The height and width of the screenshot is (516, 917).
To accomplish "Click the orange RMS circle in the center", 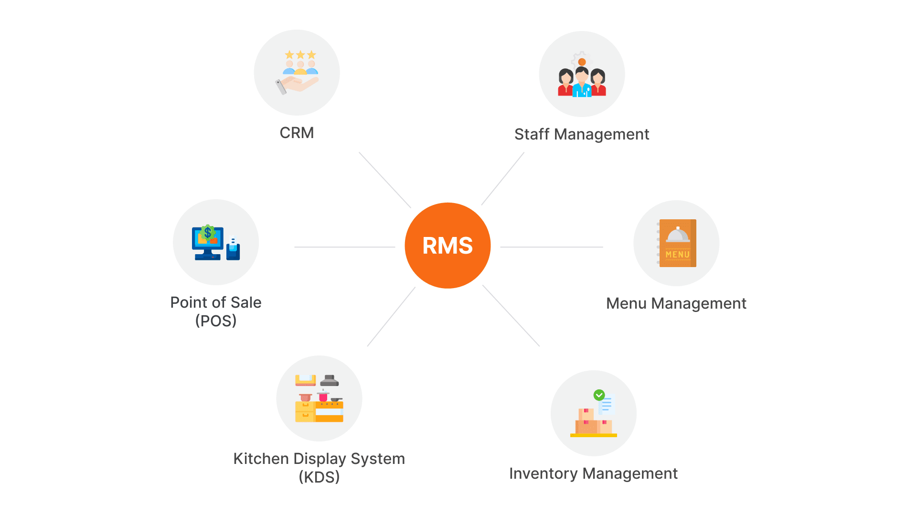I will pyautogui.click(x=448, y=246).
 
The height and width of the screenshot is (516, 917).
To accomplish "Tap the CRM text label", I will pyautogui.click(x=297, y=133).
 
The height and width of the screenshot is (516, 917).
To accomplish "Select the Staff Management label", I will pyautogui.click(x=581, y=134).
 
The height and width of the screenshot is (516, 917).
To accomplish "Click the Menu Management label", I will pyautogui.click(x=676, y=303).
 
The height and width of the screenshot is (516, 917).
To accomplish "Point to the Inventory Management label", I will pyautogui.click(x=593, y=473).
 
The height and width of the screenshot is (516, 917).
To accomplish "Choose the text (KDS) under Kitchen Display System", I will pyautogui.click(x=319, y=477).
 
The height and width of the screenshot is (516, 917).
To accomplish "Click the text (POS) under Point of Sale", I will pyautogui.click(x=216, y=321).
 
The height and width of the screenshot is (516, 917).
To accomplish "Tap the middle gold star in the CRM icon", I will pyautogui.click(x=300, y=55).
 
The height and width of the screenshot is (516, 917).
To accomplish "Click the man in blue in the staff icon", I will pyautogui.click(x=582, y=84).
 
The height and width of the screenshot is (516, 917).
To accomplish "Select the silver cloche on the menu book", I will pyautogui.click(x=678, y=235).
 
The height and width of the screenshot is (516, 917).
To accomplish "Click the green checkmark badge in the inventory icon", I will pyautogui.click(x=599, y=395).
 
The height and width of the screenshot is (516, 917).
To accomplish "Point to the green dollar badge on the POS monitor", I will pyautogui.click(x=207, y=233).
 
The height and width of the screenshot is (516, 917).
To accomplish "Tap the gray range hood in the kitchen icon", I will pyautogui.click(x=330, y=381).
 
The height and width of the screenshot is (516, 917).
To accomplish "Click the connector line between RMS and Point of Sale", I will pyautogui.click(x=344, y=247).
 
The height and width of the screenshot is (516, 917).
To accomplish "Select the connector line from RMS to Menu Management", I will pyautogui.click(x=551, y=247).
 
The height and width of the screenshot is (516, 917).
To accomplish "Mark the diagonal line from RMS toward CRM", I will pyautogui.click(x=384, y=180).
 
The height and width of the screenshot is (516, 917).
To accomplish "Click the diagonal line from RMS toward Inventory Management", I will pyautogui.click(x=511, y=315).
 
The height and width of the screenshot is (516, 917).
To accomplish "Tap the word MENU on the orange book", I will pyautogui.click(x=678, y=255).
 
